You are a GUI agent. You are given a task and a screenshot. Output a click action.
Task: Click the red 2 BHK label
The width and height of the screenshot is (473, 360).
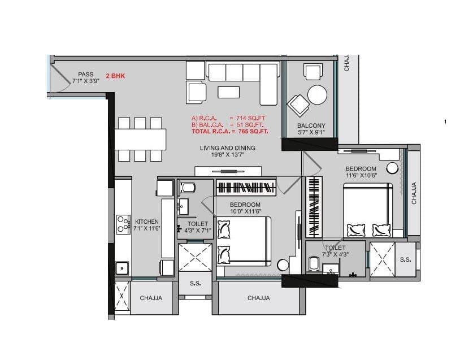point(115,75)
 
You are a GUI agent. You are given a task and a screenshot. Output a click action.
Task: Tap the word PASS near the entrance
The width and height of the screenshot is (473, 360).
point(85,74)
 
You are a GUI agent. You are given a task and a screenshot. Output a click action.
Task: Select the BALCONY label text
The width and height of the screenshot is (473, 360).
point(311,125)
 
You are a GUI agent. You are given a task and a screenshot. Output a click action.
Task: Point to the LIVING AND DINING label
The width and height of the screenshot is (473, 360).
point(227,148)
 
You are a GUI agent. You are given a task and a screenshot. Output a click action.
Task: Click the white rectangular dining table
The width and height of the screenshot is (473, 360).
point(140,139)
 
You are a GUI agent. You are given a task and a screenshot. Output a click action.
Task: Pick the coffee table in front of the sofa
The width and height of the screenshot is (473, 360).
point(228,92)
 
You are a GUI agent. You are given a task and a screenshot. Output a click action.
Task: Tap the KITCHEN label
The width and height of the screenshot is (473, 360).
point(146,222)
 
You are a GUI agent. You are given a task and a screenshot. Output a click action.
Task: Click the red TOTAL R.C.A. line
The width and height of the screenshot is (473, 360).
point(229,131)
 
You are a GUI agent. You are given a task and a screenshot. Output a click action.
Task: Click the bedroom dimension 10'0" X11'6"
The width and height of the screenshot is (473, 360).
point(245,211)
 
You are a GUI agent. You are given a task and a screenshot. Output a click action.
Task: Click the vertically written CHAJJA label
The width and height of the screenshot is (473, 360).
point(414,193)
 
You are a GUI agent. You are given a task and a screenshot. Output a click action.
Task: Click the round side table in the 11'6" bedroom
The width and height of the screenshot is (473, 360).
point(393,168)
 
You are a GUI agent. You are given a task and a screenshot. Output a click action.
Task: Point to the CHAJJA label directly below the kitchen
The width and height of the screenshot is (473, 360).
point(151,298)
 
